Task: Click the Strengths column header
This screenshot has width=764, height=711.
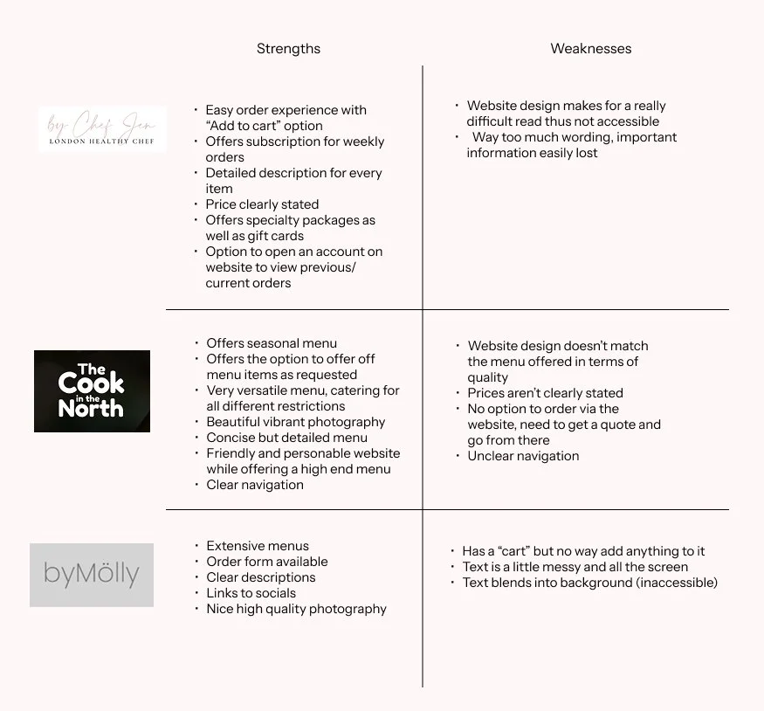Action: click(x=288, y=49)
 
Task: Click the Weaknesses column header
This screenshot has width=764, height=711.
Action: click(x=590, y=49)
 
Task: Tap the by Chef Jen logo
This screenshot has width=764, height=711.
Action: click(x=102, y=129)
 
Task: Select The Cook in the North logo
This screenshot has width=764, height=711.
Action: click(x=92, y=390)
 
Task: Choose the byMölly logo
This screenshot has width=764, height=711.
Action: click(x=92, y=574)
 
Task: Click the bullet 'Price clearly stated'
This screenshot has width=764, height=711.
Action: click(x=262, y=204)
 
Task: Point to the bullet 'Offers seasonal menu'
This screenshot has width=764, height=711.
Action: click(x=271, y=343)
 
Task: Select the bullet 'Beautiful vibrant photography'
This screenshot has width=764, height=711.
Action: click(x=295, y=422)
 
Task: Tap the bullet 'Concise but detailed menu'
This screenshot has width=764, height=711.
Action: click(x=286, y=438)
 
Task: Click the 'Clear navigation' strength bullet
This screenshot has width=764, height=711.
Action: click(x=255, y=485)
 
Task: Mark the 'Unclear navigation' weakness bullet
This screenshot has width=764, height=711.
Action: click(x=523, y=456)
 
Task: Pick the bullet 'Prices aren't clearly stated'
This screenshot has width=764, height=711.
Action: click(x=545, y=393)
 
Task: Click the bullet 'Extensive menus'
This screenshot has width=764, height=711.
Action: click(x=258, y=546)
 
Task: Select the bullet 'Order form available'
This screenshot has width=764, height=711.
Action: click(x=267, y=562)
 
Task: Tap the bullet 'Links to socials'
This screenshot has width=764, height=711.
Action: click(x=251, y=593)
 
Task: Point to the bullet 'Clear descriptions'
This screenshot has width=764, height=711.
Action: click(x=261, y=577)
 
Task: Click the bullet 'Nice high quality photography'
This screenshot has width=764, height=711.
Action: click(x=296, y=609)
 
